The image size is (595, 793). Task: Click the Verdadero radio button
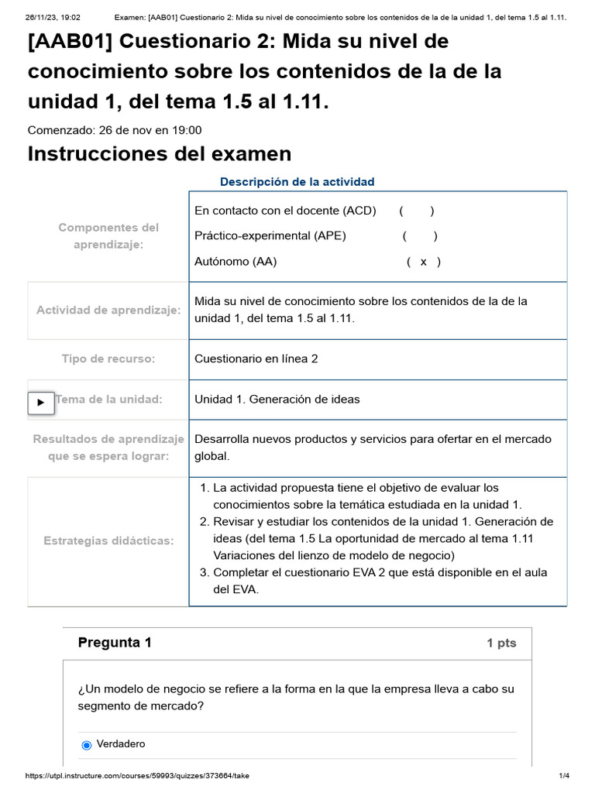point(86,745)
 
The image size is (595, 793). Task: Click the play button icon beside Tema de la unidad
point(41,403)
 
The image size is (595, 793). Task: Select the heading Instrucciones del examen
point(160,154)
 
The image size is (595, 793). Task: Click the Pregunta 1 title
point(115,643)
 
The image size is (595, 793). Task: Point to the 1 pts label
point(501,644)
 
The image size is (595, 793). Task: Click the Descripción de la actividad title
point(297,182)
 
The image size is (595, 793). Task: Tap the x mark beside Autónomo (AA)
point(423,262)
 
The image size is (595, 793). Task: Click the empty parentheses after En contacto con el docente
point(417,211)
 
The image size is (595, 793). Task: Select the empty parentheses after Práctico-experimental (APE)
point(420,236)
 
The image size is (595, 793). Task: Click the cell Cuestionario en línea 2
point(256,359)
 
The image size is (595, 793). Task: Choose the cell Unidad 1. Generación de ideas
point(277,400)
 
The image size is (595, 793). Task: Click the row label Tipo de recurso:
point(108,359)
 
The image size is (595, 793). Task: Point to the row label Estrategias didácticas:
point(108,541)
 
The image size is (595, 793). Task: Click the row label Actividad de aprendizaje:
point(108,310)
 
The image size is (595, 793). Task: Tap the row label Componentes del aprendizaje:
point(108,235)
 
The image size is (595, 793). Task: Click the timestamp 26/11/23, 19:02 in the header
point(53,18)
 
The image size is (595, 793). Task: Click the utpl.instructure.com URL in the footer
point(138,776)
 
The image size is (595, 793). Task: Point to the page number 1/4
point(564,776)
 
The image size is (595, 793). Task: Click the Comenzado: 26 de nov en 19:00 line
point(115,130)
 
